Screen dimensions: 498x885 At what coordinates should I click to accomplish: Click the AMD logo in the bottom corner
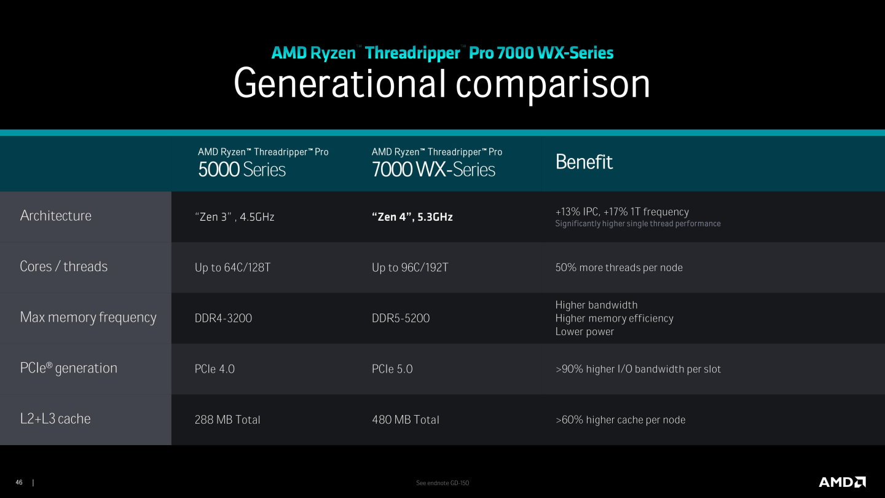842,482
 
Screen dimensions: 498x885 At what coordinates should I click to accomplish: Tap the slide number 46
19,483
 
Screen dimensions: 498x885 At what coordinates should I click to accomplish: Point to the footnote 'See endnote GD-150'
442,483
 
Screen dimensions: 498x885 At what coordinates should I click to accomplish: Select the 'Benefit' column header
584,162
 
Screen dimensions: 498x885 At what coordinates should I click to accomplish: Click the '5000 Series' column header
242,170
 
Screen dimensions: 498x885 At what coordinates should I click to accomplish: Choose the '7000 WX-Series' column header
433,170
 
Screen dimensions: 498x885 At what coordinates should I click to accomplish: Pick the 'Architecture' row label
55,216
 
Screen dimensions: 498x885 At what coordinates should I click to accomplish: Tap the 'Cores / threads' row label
63,267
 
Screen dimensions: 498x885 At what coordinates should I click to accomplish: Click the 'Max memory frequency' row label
88,317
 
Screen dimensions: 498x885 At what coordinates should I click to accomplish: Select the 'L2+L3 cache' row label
55,419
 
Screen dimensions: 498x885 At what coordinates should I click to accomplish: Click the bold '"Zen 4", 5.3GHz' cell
412,217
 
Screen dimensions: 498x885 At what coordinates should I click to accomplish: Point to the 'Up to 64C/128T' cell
232,267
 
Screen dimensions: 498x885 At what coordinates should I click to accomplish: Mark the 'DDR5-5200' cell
401,318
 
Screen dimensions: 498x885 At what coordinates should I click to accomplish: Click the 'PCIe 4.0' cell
214,369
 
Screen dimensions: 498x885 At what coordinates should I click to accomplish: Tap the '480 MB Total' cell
405,420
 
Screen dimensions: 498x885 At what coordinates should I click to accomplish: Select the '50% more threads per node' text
619,267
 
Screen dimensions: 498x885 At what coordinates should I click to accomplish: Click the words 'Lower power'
584,332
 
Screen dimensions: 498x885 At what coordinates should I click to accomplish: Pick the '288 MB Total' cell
227,420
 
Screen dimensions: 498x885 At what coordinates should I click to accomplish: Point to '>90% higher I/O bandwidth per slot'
638,369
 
